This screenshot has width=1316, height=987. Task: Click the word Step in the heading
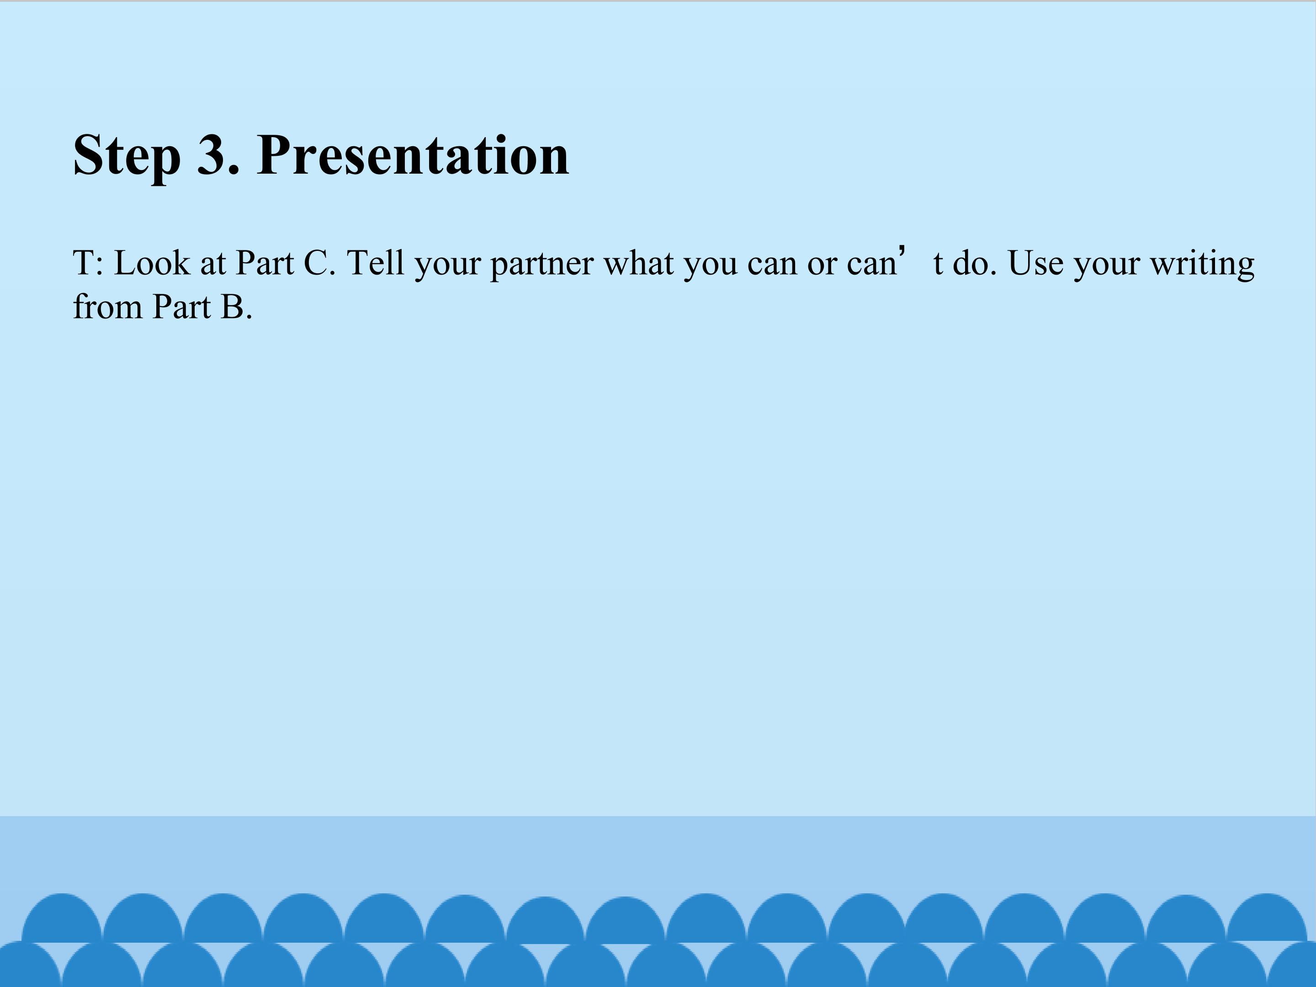pyautogui.click(x=127, y=155)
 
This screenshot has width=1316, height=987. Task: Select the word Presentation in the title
pyautogui.click(x=414, y=155)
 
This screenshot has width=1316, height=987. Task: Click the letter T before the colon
pyautogui.click(x=83, y=262)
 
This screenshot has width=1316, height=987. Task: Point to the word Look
pyautogui.click(x=152, y=262)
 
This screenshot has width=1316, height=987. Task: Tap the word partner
pyautogui.click(x=542, y=265)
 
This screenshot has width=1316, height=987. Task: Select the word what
pyautogui.click(x=639, y=262)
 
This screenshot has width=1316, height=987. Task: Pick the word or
pyautogui.click(x=822, y=266)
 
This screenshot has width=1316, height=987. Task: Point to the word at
pyautogui.click(x=213, y=265)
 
